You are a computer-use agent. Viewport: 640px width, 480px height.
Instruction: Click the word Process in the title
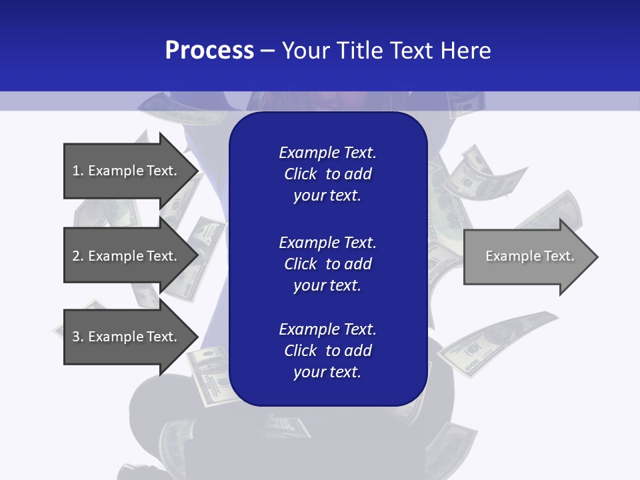pyautogui.click(x=209, y=51)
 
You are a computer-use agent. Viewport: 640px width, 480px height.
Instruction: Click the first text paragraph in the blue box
pyautogui.click(x=327, y=174)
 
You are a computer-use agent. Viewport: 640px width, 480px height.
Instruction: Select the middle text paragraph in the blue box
pyautogui.click(x=327, y=263)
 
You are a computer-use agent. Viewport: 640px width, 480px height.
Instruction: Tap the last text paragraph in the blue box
pyautogui.click(x=327, y=351)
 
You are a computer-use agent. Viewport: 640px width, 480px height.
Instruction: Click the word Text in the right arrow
pyautogui.click(x=559, y=256)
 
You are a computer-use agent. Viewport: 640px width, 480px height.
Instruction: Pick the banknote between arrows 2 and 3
pyautogui.click(x=143, y=293)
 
